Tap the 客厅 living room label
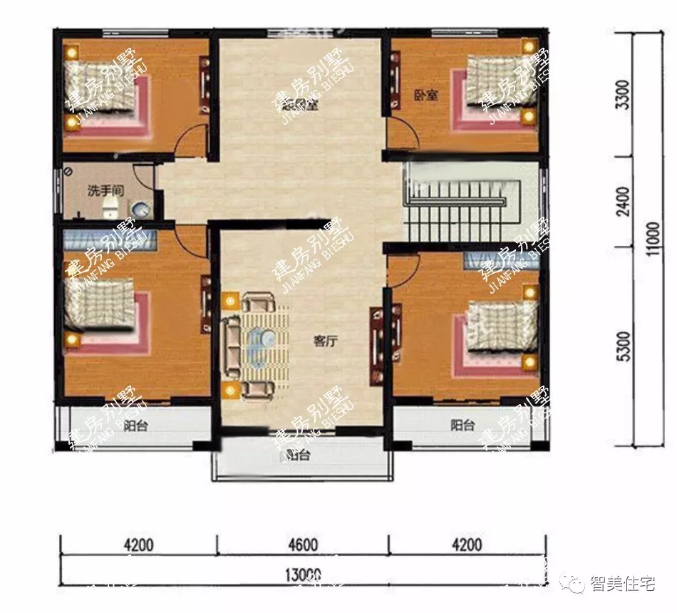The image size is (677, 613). tap(325, 341)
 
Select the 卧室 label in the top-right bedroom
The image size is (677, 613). tap(425, 95)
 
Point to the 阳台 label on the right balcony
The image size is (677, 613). tap(462, 426)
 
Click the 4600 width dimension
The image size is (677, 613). tap(303, 545)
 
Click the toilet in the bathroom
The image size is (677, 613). tap(110, 207)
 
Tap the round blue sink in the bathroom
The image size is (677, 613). tap(140, 209)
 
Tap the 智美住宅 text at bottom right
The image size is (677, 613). tap(622, 584)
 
